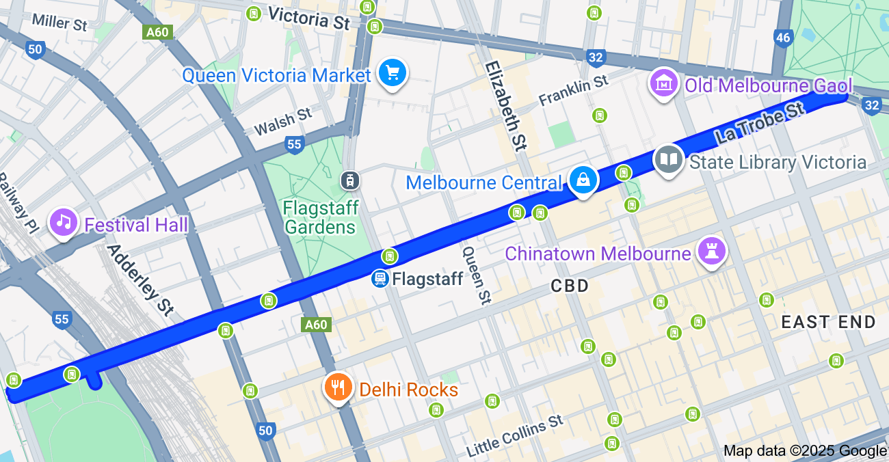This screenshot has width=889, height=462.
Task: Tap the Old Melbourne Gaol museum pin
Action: pyautogui.click(x=663, y=84)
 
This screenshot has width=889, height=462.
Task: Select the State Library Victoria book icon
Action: pyautogui.click(x=668, y=161)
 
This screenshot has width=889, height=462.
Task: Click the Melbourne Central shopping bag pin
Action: pyautogui.click(x=583, y=180)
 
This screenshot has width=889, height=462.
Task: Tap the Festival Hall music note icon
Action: pyautogui.click(x=64, y=222)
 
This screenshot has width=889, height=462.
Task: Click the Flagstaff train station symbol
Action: pyautogui.click(x=380, y=279)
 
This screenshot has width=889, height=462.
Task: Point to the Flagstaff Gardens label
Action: pyautogui.click(x=320, y=217)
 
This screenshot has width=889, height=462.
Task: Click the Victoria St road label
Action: pyautogui.click(x=308, y=18)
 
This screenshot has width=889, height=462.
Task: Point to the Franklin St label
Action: pyautogui.click(x=573, y=90)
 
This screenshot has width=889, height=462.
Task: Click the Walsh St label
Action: pyautogui.click(x=282, y=122)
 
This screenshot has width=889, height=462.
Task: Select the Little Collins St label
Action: pyautogui.click(x=515, y=436)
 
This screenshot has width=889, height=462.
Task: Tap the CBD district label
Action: pyautogui.click(x=570, y=286)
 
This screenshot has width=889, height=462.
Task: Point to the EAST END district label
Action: pyautogui.click(x=828, y=322)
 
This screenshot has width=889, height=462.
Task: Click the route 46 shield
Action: pyautogui.click(x=783, y=38)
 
